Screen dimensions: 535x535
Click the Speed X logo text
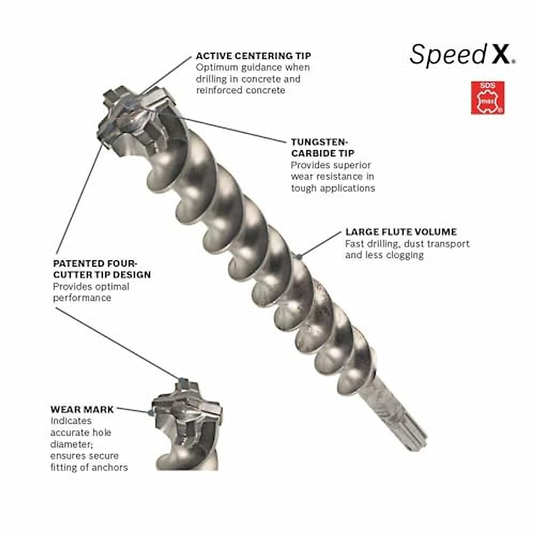click(462, 54)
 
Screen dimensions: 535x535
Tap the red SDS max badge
click(488, 97)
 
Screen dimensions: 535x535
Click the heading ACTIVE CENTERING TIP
click(253, 56)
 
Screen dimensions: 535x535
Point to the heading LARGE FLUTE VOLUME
click(401, 232)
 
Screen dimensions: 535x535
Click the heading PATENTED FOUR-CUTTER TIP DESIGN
click(102, 269)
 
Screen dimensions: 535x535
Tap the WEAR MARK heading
click(82, 409)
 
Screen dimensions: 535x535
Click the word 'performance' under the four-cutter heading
click(82, 297)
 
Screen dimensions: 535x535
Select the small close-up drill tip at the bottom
click(187, 424)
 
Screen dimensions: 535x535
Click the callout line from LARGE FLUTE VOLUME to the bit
click(321, 244)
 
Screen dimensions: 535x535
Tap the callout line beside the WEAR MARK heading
click(132, 410)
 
